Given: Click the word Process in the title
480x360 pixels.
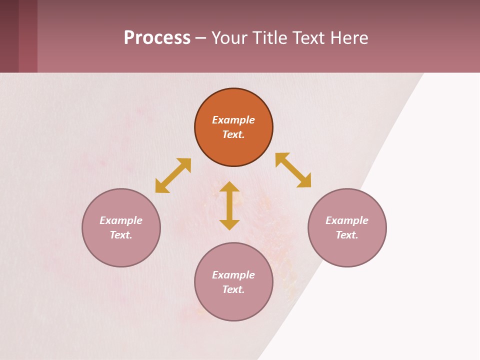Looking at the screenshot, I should tap(157, 38).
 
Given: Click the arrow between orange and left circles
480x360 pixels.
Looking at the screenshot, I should tap(173, 175).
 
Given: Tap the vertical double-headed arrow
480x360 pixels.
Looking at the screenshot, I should tap(229, 205).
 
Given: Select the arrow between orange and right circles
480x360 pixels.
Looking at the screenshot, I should tap(293, 170).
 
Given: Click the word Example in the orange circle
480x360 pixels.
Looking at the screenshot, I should tap(233, 120).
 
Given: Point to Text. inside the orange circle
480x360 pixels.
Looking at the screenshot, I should tap(233, 134).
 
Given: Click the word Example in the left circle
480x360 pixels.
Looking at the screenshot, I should tap(121, 220).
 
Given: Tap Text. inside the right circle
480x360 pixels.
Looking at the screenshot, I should tap(347, 235).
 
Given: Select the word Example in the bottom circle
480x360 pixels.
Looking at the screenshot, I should tap(233, 275).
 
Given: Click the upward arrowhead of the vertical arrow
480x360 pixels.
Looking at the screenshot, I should tap(229, 187).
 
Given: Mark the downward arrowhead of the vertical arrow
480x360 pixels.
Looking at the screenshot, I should tap(229, 224).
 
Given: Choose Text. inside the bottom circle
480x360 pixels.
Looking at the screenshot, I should tap(233, 289).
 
